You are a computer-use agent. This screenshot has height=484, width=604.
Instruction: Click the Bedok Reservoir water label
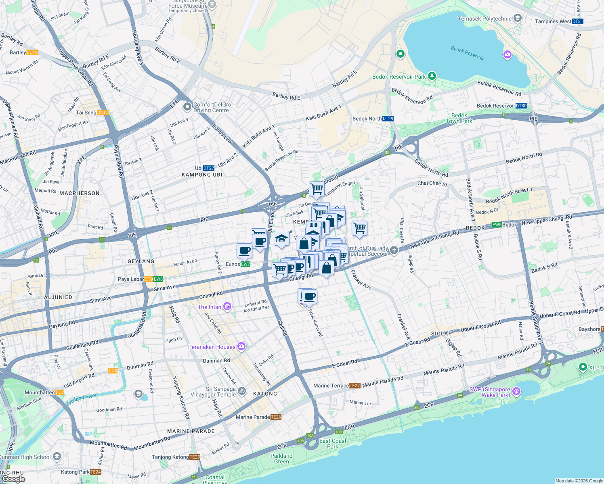467,53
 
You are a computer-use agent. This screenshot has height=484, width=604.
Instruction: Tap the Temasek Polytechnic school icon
518,19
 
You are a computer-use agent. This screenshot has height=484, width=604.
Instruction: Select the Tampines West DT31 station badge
577,21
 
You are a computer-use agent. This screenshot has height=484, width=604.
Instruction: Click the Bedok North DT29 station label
373,119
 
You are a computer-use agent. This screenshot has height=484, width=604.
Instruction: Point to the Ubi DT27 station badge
208,168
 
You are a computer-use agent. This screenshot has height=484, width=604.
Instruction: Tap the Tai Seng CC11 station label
92,113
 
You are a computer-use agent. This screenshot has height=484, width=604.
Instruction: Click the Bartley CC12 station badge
32,52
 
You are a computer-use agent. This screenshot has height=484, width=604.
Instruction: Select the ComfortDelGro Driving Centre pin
187,107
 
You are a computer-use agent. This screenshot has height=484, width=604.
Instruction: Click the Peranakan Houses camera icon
241,346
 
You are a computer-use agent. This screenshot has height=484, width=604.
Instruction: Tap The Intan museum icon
227,307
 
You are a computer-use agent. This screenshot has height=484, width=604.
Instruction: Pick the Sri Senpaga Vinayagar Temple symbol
242,391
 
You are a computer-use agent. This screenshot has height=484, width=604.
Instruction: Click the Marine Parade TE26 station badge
276,417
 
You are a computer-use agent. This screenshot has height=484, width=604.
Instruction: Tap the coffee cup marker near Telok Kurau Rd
310,297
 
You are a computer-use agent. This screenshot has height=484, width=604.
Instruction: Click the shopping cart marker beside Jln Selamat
359,228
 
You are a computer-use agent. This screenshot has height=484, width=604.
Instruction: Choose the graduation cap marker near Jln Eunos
281,238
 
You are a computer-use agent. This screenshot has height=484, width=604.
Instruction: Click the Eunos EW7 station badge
245,264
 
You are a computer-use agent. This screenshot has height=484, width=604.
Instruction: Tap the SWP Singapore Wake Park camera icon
516,391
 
